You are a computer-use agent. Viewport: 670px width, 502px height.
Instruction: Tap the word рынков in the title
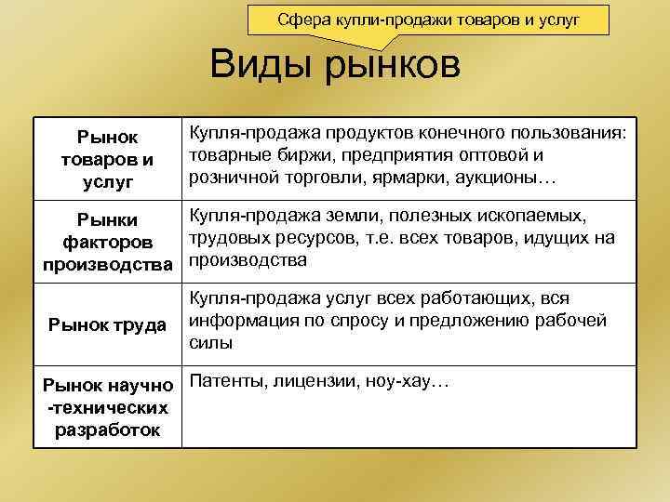pos(393,68)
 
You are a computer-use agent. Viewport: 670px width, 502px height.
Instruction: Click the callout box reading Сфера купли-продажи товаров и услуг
pos(428,19)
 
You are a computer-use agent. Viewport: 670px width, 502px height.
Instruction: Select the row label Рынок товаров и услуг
pos(108,158)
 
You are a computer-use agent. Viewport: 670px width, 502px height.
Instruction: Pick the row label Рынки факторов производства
pos(108,241)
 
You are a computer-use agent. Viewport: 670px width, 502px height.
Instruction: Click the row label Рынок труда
pos(108,324)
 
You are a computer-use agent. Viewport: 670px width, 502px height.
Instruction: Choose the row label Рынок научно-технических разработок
pos(108,405)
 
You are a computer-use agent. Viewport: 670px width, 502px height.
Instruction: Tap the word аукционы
pos(507,176)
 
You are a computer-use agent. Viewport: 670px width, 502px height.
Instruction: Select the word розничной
pos(231,176)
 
